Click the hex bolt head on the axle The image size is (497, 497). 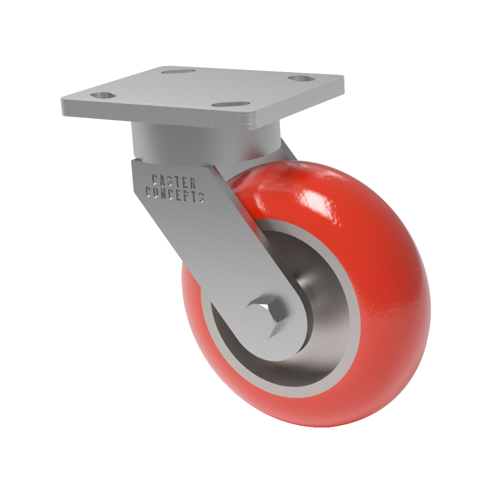point(261,320)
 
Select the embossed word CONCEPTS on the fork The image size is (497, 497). point(174,194)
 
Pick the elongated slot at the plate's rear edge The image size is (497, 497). point(178,71)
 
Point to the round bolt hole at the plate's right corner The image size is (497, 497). point(301,78)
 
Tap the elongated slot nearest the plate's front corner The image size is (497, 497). point(231,104)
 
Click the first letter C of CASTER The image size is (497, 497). point(155,179)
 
